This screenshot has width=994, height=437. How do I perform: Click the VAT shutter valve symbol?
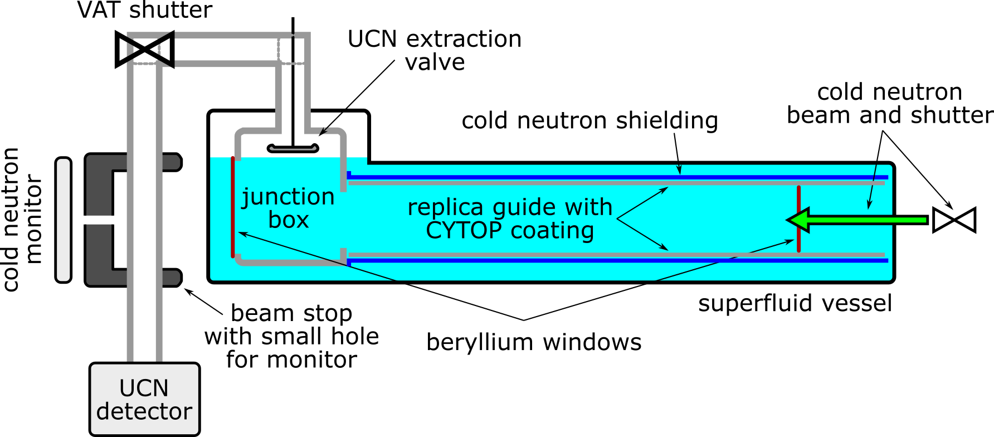pyautogui.click(x=144, y=50)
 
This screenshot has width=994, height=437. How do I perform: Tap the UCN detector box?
pyautogui.click(x=144, y=399)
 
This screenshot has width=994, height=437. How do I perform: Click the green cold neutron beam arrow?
pyautogui.click(x=858, y=220)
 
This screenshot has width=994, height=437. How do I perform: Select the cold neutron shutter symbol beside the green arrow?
pyautogui.click(x=954, y=220)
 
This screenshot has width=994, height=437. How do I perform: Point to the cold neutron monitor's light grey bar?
pyautogui.click(x=64, y=220)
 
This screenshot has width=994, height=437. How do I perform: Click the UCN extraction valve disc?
pyautogui.click(x=293, y=148)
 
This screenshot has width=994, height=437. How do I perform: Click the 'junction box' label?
pyautogui.click(x=288, y=208)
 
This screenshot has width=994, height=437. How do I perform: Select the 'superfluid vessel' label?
pyautogui.click(x=795, y=303)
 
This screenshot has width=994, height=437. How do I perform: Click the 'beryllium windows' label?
pyautogui.click(x=534, y=342)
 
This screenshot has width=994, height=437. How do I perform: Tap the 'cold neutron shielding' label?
pyautogui.click(x=589, y=120)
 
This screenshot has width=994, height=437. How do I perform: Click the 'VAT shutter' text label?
pyautogui.click(x=145, y=10)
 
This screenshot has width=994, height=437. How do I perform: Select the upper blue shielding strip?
pyautogui.click(x=613, y=177)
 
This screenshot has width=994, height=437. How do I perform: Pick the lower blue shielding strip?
pyautogui.click(x=613, y=260)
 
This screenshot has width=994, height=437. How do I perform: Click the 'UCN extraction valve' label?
pyautogui.click(x=435, y=50)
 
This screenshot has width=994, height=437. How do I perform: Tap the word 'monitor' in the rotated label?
pyautogui.click(x=33, y=219)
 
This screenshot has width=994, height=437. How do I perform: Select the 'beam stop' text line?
pyautogui.click(x=291, y=313)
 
